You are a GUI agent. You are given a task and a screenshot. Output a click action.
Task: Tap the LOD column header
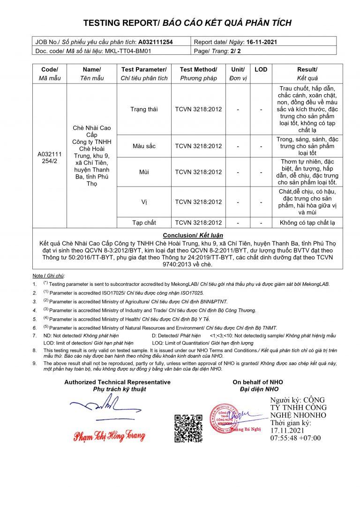click(x=261, y=69)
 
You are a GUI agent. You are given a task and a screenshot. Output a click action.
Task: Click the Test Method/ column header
click(x=198, y=69)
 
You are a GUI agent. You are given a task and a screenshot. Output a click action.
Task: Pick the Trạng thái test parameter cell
click(x=144, y=109)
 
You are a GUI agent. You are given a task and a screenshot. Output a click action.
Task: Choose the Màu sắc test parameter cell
click(x=144, y=146)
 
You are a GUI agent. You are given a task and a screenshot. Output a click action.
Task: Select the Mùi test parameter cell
click(x=144, y=172)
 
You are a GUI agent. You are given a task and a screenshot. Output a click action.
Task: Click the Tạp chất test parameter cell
click(x=144, y=222)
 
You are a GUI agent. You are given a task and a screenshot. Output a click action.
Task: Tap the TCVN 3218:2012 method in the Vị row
click(x=198, y=202)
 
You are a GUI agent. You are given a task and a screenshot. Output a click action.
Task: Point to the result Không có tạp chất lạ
click(x=307, y=222)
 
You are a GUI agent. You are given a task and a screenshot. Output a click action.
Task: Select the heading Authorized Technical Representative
click(x=117, y=382)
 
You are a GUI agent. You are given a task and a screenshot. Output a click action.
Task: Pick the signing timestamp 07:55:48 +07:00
click(x=295, y=438)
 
